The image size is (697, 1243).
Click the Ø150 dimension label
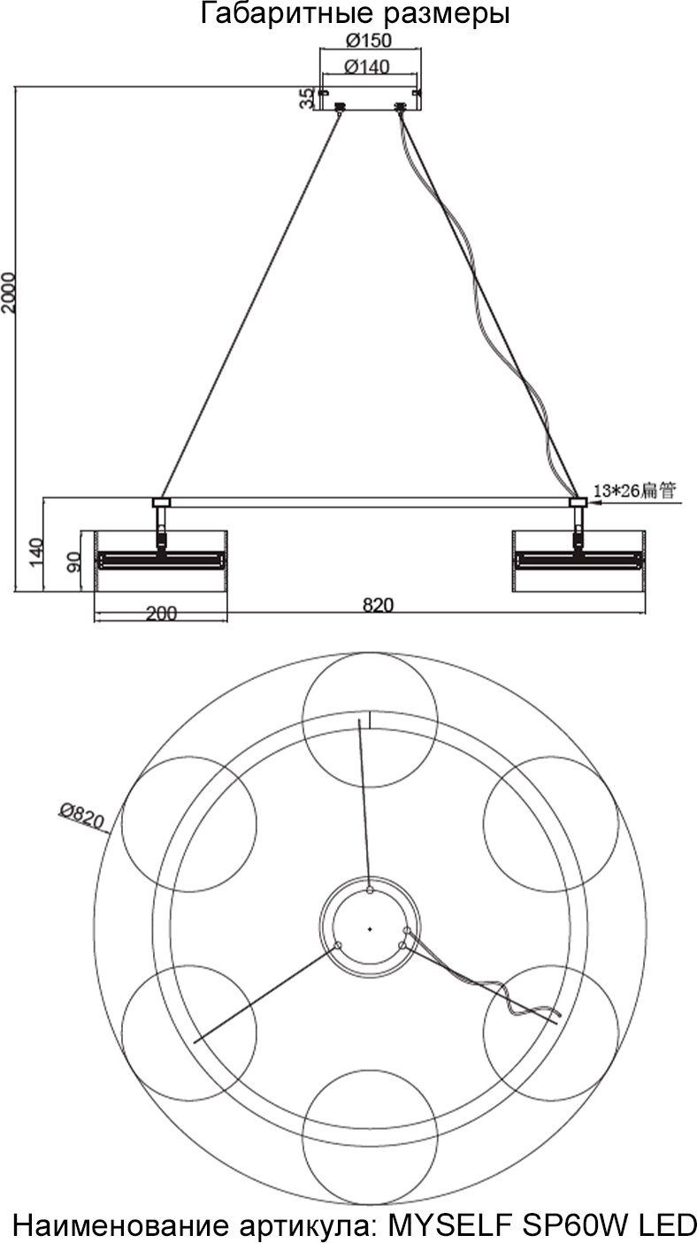368,41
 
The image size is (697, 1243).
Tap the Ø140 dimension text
367,66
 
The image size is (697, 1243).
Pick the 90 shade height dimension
73,561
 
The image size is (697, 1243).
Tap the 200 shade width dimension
161,614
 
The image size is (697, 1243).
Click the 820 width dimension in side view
378,605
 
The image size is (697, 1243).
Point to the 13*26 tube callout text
635,491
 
